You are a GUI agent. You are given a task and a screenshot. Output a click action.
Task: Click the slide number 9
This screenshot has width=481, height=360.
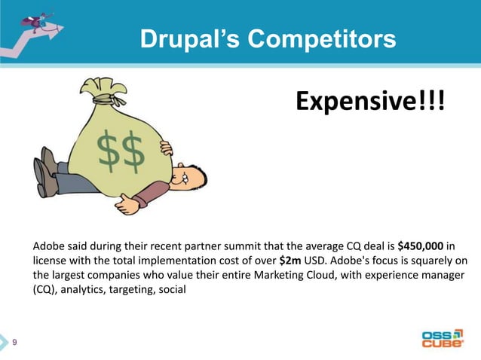pyautogui.click(x=15, y=343)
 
